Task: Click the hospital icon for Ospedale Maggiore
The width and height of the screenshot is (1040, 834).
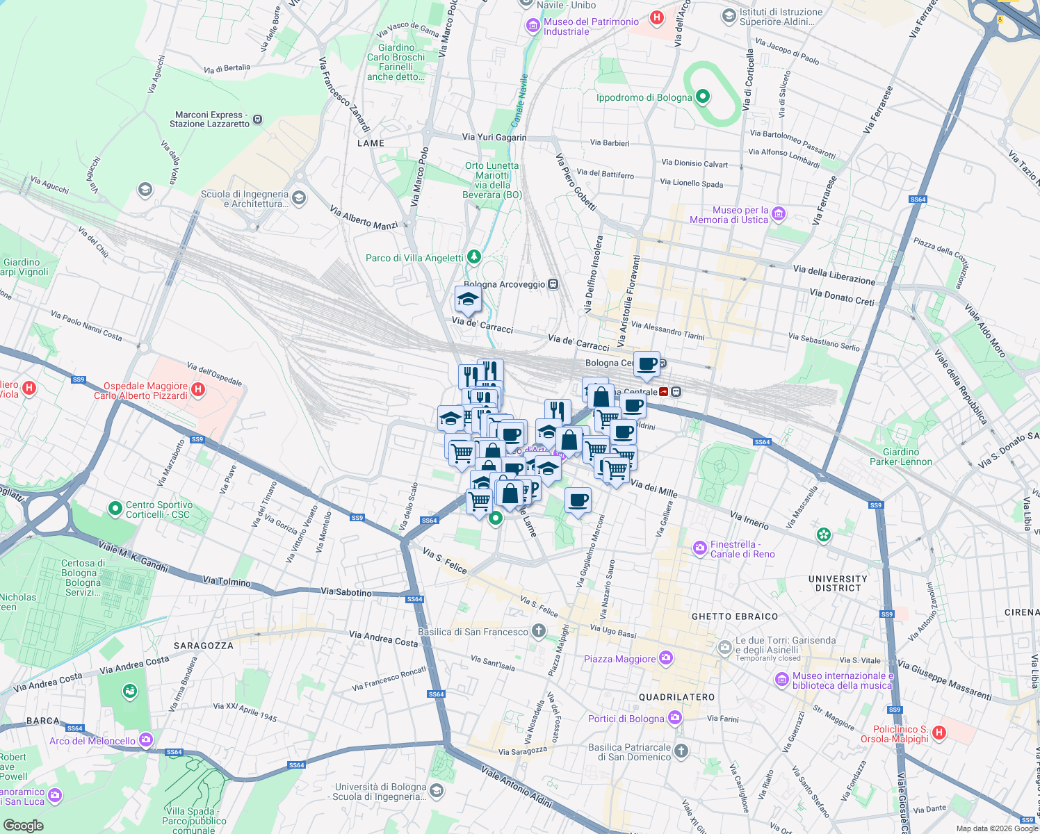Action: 198,389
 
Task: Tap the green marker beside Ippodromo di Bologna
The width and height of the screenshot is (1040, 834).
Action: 703,97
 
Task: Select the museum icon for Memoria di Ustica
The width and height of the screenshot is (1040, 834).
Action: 779,214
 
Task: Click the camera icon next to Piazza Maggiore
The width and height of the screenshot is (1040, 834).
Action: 667,657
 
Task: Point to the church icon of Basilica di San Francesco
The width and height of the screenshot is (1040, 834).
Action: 538,631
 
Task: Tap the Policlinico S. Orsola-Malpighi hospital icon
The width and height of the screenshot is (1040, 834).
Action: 939,733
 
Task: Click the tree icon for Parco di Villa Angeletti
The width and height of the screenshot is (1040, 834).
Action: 474,257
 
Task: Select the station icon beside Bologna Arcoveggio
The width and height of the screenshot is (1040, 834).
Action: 553,284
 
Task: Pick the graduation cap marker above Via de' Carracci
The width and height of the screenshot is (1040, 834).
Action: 468,300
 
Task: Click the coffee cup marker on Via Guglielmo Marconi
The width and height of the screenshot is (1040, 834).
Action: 578,500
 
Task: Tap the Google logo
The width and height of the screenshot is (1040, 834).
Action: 23,826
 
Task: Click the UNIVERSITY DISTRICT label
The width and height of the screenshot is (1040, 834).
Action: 838,583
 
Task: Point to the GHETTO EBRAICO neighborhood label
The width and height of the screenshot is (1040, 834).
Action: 735,616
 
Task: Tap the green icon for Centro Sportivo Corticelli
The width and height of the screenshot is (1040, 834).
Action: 115,509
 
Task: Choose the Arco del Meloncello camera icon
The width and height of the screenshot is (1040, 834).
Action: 146,739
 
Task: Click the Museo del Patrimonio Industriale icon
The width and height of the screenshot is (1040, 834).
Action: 533,26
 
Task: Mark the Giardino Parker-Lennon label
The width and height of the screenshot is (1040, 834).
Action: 901,457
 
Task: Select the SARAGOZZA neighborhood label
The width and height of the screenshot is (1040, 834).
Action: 204,646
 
